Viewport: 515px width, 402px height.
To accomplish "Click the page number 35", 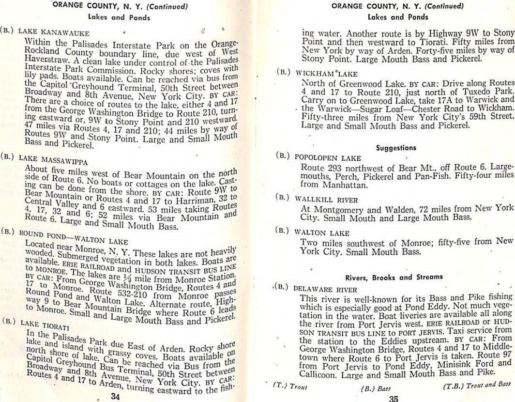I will click(393, 399).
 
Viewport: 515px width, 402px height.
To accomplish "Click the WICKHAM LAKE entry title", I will click(326, 74).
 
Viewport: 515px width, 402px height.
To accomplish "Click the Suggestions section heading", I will click(396, 148).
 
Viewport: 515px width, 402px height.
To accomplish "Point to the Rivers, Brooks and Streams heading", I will click(394, 278).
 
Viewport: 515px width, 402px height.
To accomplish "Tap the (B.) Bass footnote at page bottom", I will click(376, 388).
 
